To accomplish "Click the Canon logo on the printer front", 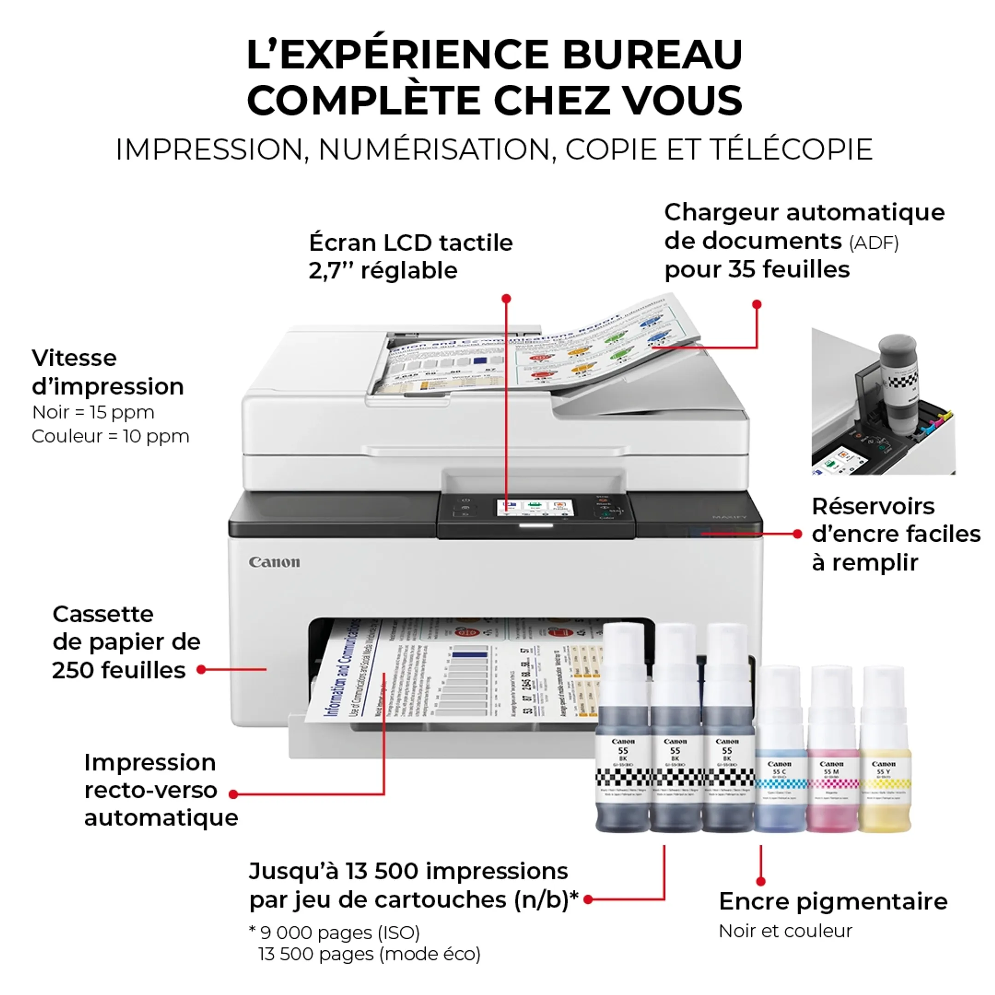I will (x=274, y=562).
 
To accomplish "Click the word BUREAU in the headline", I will (x=652, y=55).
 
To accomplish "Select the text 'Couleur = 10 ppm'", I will (x=110, y=436).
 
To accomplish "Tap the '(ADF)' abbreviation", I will (x=873, y=243).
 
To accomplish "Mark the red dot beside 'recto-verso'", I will (x=233, y=794).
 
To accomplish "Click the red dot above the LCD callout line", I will (x=506, y=298).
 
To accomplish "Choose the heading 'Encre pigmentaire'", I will (x=833, y=901).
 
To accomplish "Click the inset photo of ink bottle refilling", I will (x=883, y=401).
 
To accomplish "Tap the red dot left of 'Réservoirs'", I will (x=797, y=534).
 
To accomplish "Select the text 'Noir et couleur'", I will (x=785, y=931).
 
